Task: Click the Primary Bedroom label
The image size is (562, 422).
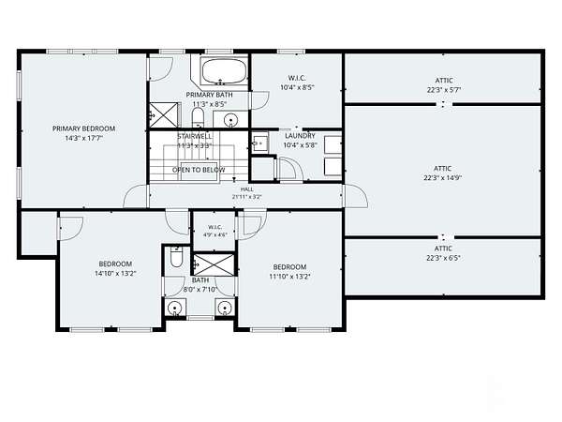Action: click(84, 128)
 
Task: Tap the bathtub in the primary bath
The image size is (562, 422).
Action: click(224, 71)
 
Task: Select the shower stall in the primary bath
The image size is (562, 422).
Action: click(163, 114)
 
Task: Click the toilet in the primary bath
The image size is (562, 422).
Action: click(198, 117)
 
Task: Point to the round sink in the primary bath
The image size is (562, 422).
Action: click(231, 119)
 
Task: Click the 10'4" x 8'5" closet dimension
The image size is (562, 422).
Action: click(297, 87)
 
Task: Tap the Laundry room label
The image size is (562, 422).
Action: click(300, 136)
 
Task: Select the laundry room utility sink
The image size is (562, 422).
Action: click(260, 143)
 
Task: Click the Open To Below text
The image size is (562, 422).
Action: click(199, 170)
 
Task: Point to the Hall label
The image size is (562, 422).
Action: click(247, 189)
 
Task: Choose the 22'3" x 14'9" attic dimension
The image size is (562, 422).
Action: click(443, 177)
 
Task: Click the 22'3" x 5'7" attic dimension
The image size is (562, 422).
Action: click(444, 90)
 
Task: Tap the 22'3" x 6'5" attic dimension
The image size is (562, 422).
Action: click(443, 258)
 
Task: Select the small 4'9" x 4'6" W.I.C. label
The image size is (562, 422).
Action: click(215, 235)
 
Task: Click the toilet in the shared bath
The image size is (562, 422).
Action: click(176, 257)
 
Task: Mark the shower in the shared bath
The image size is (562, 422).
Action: click(214, 264)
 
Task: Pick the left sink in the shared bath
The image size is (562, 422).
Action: click(174, 309)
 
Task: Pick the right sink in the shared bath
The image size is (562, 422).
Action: click(225, 308)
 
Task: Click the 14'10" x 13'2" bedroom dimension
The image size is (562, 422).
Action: click(115, 274)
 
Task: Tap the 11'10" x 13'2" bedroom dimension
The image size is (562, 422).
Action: click(289, 277)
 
